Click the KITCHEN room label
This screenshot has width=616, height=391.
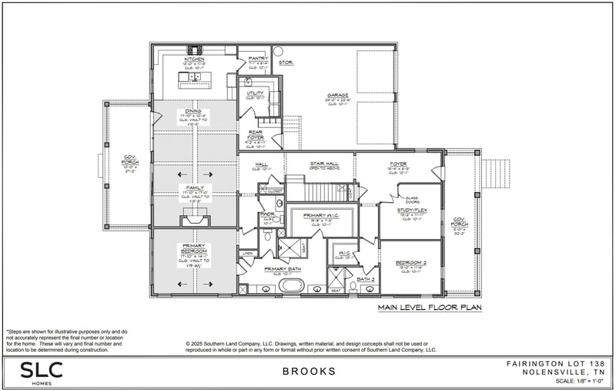pyautogui.click(x=194, y=59)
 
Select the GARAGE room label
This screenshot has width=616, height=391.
pyautogui.click(x=337, y=95)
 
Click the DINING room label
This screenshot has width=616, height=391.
pyautogui.click(x=193, y=111)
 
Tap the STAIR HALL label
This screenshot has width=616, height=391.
pyautogui.click(x=320, y=163)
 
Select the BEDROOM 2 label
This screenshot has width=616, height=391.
pyautogui.click(x=411, y=262)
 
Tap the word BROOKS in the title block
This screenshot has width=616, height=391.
pyautogui.click(x=309, y=371)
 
